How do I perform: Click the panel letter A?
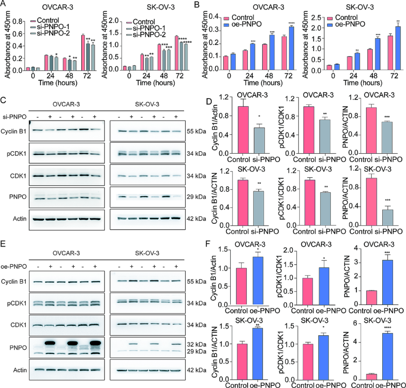tap(4, 5)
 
